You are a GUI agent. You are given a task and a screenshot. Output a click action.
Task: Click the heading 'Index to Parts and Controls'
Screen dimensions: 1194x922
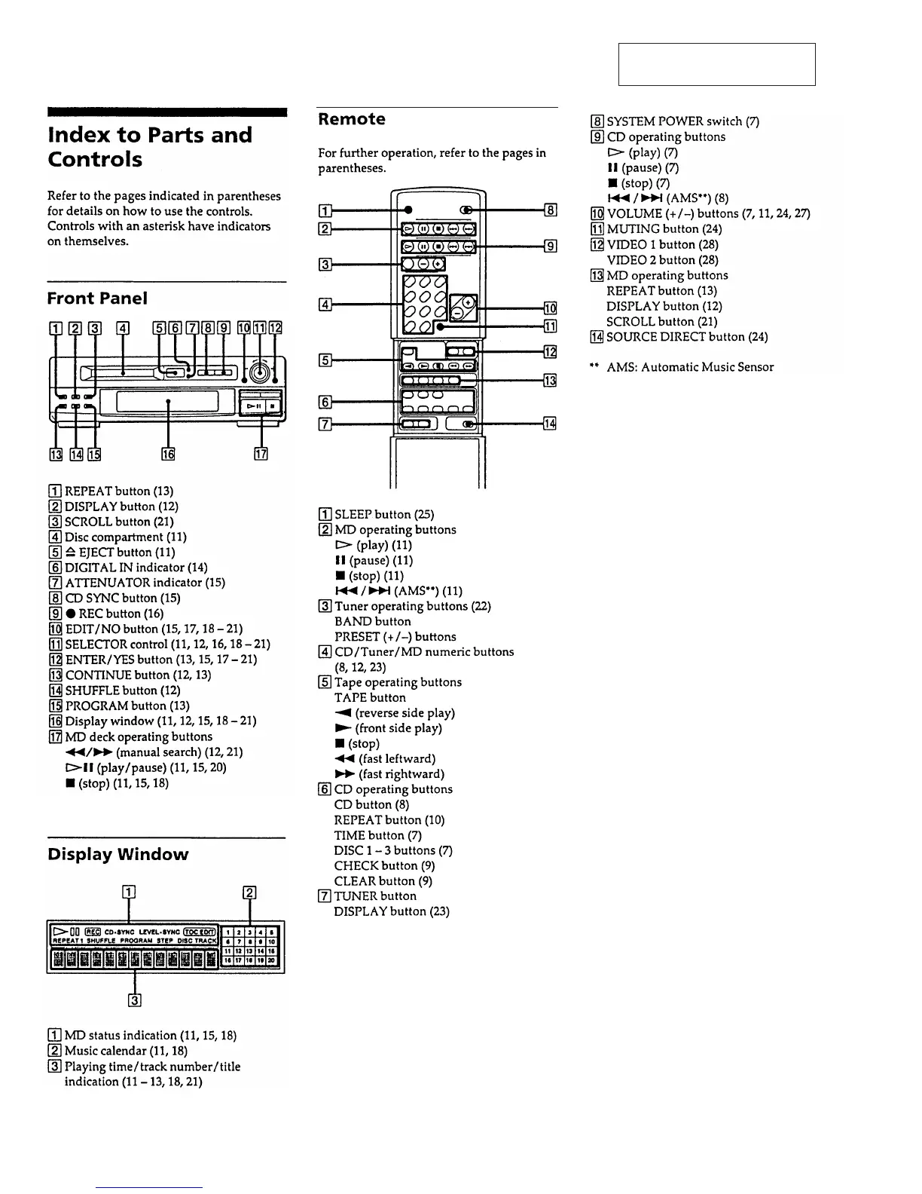tap(149, 147)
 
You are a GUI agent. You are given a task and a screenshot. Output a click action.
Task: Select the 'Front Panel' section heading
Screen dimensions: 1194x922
tap(97, 298)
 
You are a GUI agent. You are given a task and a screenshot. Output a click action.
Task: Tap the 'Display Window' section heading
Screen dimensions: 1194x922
tap(118, 854)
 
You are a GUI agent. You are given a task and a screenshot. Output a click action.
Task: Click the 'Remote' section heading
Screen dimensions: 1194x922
tap(351, 119)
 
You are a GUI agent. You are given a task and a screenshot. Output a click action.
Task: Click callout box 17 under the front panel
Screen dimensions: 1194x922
tap(261, 454)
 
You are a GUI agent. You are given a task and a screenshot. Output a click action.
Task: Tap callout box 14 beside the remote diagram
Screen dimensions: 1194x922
tap(550, 424)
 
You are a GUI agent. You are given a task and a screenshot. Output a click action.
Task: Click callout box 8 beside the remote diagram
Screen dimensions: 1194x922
tap(550, 211)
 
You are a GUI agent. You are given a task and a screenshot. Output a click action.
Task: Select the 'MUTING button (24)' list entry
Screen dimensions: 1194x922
tap(664, 229)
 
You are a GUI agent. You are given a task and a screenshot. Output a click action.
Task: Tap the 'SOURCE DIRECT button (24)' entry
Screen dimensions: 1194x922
tap(687, 337)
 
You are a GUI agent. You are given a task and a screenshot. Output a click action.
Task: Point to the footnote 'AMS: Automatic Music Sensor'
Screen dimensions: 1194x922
tap(689, 367)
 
